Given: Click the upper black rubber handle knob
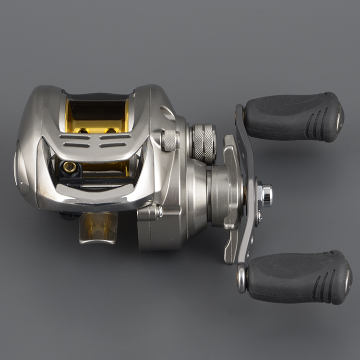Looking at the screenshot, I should click(293, 117).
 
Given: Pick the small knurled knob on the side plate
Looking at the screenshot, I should click(170, 140).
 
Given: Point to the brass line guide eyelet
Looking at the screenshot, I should click(70, 167).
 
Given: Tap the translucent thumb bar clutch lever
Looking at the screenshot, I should click(98, 228).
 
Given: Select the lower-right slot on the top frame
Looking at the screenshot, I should click(113, 144).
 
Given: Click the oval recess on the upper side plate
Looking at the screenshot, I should click(168, 112).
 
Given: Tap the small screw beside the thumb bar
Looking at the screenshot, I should click(157, 211).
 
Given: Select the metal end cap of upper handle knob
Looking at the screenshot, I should click(340, 118).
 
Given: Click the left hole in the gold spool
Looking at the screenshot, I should click(84, 130).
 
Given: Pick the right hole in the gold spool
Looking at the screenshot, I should click(111, 130).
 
